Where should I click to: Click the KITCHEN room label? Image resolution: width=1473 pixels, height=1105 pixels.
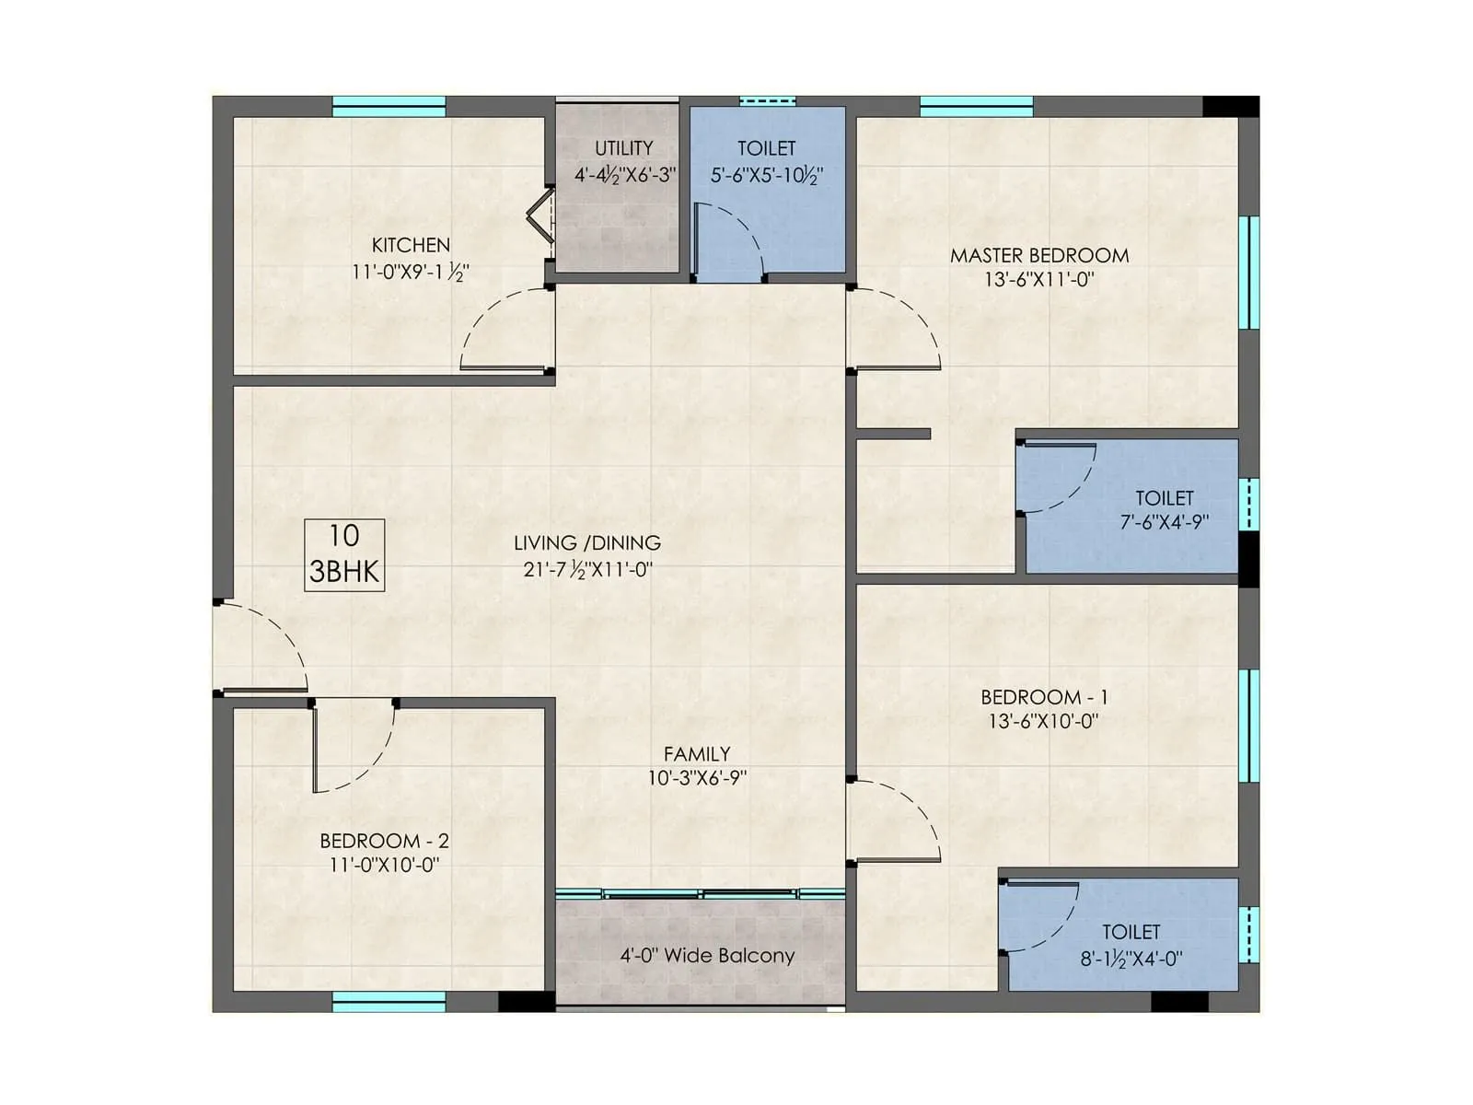(x=411, y=245)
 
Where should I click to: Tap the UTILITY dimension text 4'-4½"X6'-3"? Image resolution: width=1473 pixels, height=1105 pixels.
(x=625, y=174)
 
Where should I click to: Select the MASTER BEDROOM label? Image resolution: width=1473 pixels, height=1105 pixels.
(x=1039, y=255)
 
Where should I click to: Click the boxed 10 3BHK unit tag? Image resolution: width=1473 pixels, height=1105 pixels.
(x=344, y=554)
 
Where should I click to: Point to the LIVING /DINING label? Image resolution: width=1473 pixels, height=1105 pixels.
(x=587, y=542)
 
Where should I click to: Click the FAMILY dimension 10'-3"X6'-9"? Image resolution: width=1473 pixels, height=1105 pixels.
(x=697, y=778)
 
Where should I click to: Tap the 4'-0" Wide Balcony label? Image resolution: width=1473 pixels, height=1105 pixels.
(x=707, y=955)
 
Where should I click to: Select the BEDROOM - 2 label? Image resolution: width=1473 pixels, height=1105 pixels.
(x=384, y=841)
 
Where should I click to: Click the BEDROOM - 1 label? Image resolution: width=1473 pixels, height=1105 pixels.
(x=1044, y=697)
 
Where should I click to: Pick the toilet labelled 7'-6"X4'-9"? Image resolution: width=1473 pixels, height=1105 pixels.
(x=1165, y=509)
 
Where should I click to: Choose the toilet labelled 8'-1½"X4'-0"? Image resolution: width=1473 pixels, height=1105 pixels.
(x=1131, y=945)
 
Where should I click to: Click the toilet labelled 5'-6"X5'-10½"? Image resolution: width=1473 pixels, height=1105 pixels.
(x=766, y=161)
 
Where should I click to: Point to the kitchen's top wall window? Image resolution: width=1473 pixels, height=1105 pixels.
(x=389, y=106)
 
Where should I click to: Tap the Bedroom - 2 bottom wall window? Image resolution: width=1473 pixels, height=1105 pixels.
(x=389, y=1002)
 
